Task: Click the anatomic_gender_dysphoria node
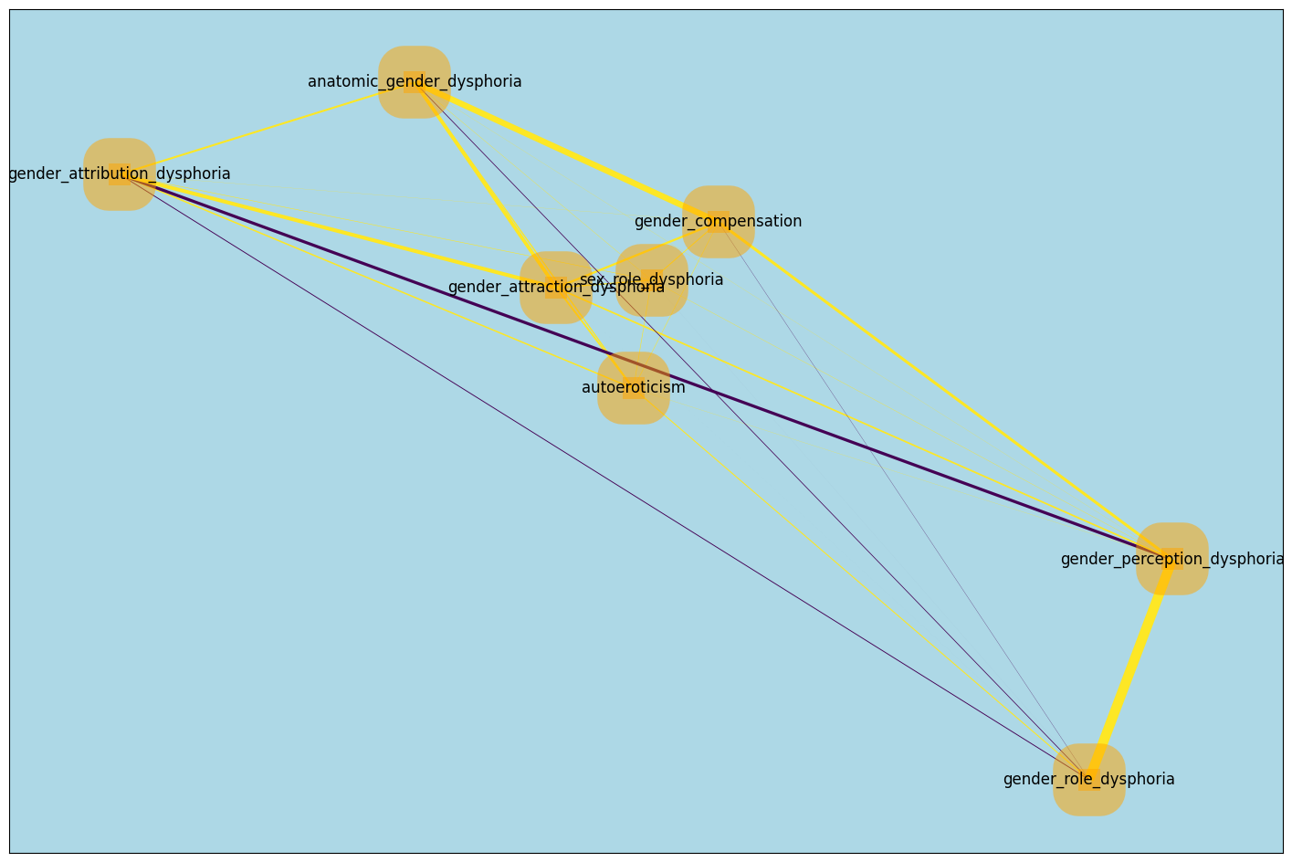tap(414, 82)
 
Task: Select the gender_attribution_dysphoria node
tap(120, 174)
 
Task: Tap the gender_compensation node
tap(719, 222)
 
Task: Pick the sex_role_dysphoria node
tap(651, 280)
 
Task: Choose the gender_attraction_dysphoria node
tap(556, 289)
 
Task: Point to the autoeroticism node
tap(634, 388)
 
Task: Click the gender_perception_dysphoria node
tap(1172, 559)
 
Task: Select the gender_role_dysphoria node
tap(1088, 780)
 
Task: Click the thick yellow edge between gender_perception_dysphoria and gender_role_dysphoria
tap(1130, 669)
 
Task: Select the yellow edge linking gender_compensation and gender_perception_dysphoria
tap(945, 390)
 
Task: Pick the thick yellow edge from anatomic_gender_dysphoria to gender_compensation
tap(566, 152)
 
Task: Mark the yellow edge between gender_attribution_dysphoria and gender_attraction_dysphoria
tap(338, 231)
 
